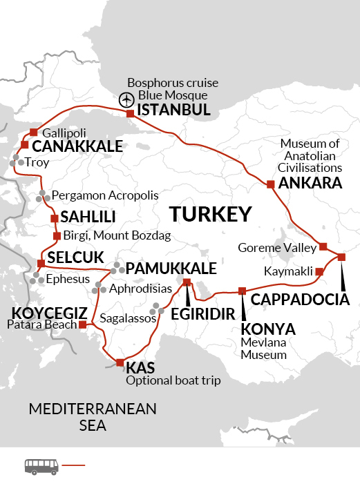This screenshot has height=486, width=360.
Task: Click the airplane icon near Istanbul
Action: [127, 99]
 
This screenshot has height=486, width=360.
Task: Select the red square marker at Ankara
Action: [271, 184]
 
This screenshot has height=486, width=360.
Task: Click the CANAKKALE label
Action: [77, 146]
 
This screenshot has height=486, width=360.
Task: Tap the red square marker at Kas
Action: [120, 362]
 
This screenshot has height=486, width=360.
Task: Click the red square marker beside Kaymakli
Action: [319, 272]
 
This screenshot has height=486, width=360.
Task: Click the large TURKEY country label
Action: [210, 215]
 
